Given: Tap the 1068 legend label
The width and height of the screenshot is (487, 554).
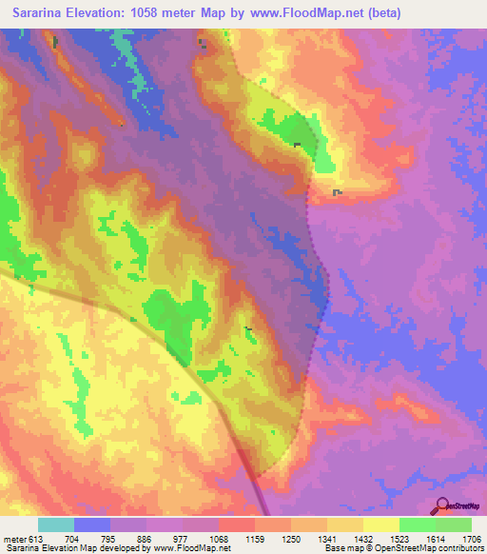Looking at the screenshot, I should click(218, 538).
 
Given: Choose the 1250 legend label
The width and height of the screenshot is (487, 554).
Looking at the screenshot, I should click(290, 538).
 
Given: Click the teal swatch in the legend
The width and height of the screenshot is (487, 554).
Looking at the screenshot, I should click(56, 524).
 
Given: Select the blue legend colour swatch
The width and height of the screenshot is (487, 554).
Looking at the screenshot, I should click(92, 524).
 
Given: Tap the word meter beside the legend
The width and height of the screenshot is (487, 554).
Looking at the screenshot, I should click(15, 538).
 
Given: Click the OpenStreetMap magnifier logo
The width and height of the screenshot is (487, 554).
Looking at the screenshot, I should click(441, 504).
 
